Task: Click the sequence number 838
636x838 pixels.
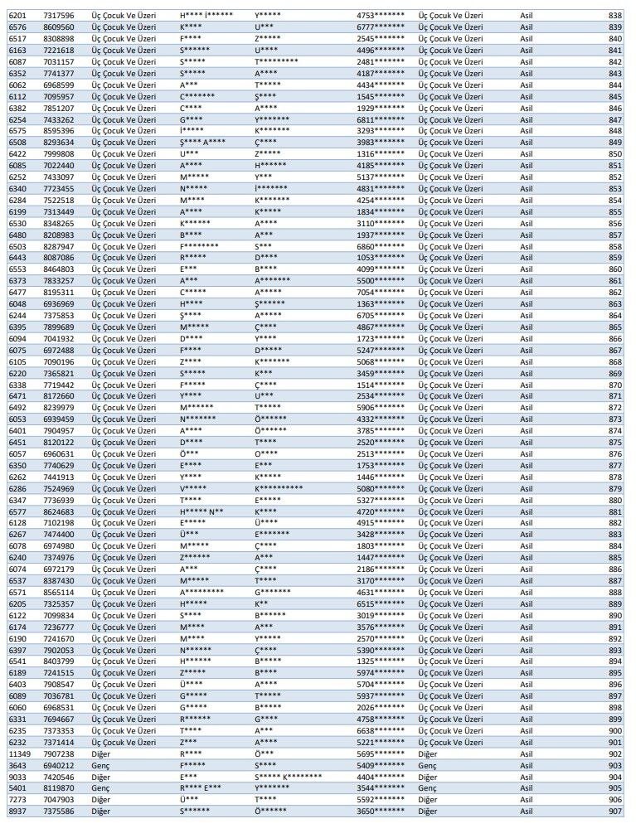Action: coord(614,16)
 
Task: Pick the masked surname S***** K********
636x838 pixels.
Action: coord(289,777)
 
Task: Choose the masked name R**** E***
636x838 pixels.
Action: coord(201,788)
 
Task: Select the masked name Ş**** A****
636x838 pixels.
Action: coord(202,143)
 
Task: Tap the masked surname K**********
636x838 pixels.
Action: coord(279,488)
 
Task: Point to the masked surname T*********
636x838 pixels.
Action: coord(277,61)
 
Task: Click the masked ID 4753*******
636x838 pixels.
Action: coord(381,16)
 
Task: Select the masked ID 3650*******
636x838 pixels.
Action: coord(381,811)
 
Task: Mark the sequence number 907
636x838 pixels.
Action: coord(614,811)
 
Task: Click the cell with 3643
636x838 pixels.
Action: coord(17,765)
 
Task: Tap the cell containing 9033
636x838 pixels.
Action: coord(17,777)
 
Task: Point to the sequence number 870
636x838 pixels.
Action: coord(614,385)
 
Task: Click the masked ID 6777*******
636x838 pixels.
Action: coord(381,27)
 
